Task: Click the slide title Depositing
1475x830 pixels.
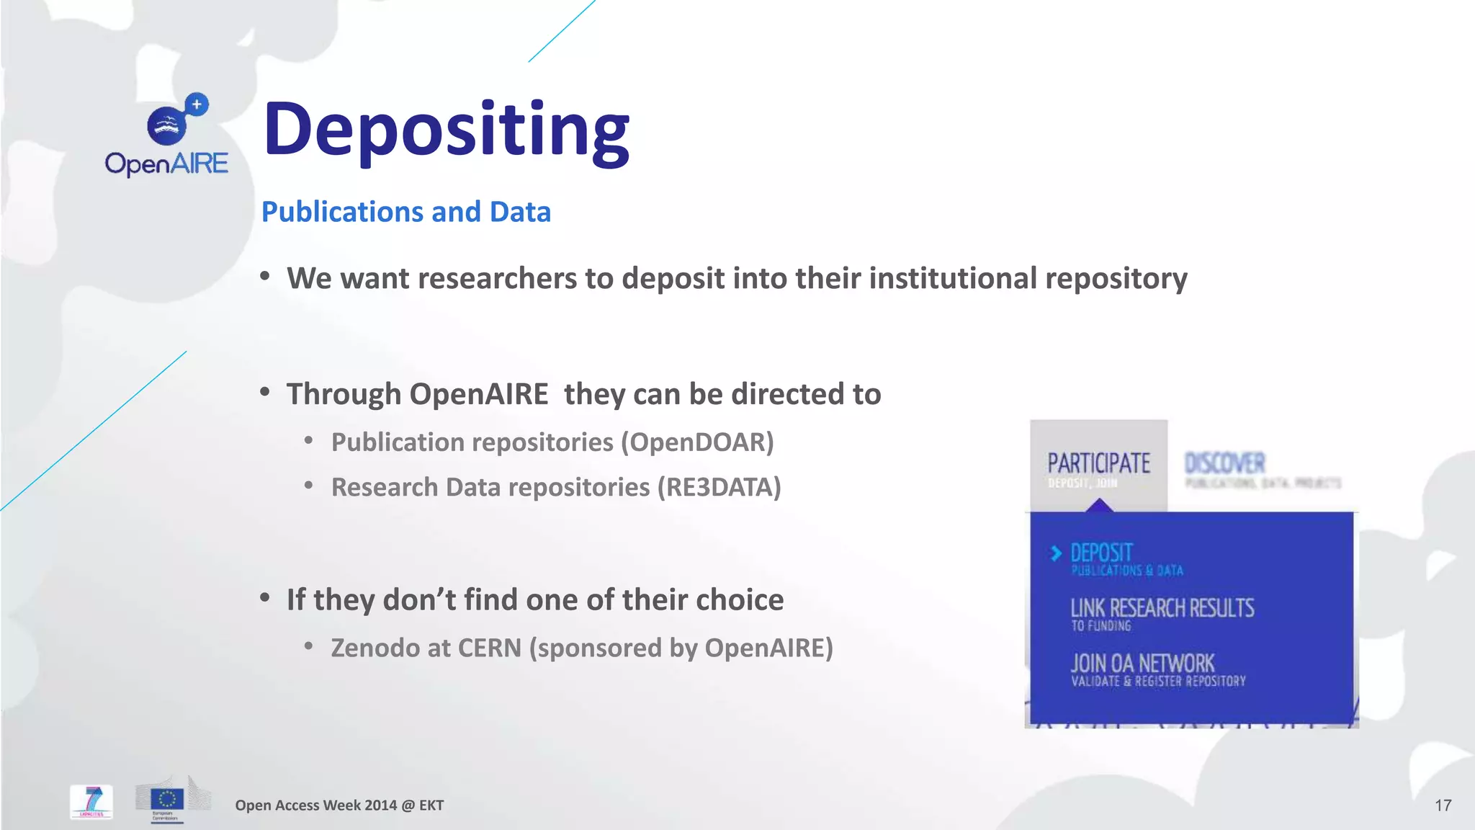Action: point(447,130)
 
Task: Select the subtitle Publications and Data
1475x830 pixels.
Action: point(405,212)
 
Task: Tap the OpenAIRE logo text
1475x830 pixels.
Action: point(166,164)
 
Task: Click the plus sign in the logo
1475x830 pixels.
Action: point(197,104)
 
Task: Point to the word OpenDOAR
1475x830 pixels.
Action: point(698,442)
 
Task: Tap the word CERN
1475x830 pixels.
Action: point(489,648)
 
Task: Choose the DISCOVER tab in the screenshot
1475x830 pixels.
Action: point(1224,463)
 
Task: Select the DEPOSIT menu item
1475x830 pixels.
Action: point(1101,553)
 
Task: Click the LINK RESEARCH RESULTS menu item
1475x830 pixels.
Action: point(1162,609)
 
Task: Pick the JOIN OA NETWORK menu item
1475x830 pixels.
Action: point(1142,664)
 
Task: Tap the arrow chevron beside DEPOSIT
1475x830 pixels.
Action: point(1056,553)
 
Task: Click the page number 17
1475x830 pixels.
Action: point(1443,806)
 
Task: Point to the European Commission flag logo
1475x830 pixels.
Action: point(167,799)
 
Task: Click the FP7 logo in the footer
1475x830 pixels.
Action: point(91,801)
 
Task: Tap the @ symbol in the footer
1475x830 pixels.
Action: point(408,806)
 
